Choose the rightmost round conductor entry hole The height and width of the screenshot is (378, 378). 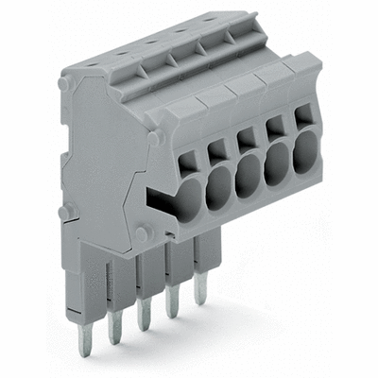(x=305, y=153)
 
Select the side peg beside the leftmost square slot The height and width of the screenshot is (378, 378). (x=155, y=138)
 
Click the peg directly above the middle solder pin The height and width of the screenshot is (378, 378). (x=142, y=232)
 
